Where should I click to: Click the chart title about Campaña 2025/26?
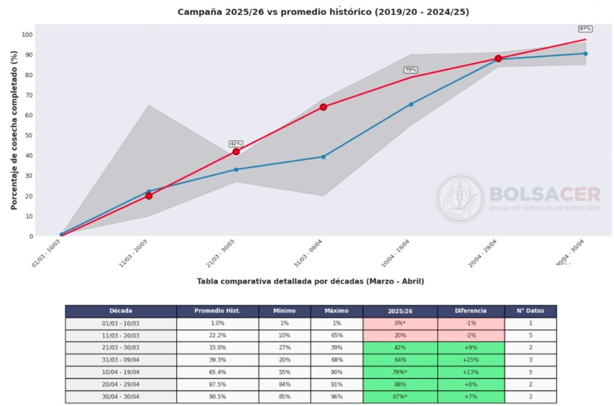[x=323, y=12]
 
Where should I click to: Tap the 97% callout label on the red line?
[x=585, y=29]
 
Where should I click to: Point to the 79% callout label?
[x=411, y=70]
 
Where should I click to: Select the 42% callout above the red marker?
[x=236, y=144]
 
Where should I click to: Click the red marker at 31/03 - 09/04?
[x=323, y=107]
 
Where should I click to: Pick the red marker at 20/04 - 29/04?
[x=498, y=59]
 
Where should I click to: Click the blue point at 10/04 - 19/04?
[x=411, y=104]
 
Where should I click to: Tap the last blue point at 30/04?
[x=585, y=53]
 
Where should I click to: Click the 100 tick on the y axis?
[x=27, y=34]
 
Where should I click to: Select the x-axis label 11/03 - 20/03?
[x=135, y=253]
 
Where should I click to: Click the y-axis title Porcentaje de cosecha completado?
[x=14, y=130]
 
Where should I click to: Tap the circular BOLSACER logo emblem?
[x=459, y=198]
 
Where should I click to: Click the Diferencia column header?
[x=471, y=311]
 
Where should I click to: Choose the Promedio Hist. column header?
[x=218, y=311]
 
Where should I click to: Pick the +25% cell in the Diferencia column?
[x=471, y=360]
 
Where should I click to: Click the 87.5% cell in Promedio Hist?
[x=218, y=384]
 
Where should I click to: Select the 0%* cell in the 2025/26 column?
[x=400, y=323]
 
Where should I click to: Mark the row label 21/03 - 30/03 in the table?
[x=121, y=348]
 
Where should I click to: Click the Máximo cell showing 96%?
[x=336, y=397]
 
